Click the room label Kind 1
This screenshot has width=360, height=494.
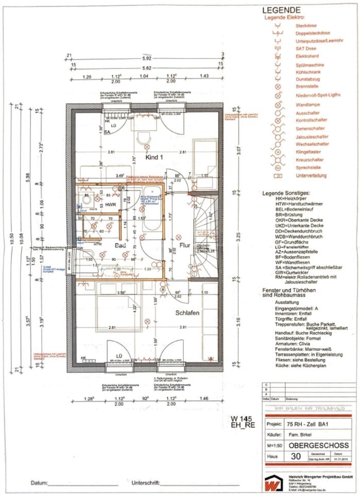(x=155, y=156)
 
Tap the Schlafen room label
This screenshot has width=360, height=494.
(x=186, y=313)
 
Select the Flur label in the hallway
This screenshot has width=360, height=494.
(x=185, y=238)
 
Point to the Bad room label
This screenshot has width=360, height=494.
(x=120, y=246)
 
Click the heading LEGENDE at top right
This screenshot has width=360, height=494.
(x=282, y=10)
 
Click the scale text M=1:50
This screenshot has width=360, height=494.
(x=275, y=445)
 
